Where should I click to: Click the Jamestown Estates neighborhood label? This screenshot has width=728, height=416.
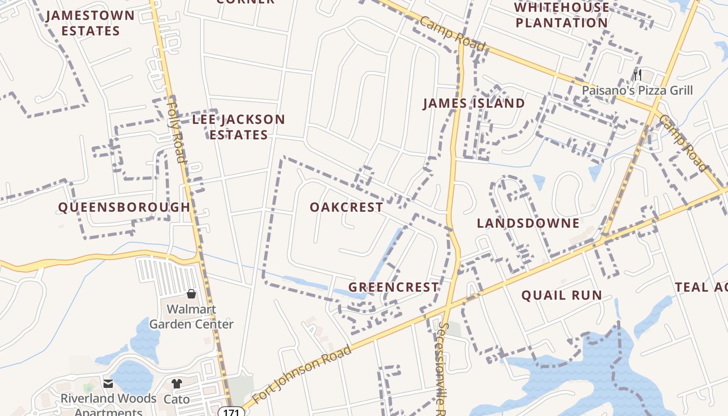[90, 23]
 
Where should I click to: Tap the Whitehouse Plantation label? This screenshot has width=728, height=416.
[562, 15]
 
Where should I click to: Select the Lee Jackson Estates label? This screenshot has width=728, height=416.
[239, 127]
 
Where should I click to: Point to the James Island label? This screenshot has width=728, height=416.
[474, 103]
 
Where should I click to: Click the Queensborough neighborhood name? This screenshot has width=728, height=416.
[124, 207]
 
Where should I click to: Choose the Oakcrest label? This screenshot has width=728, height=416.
[346, 207]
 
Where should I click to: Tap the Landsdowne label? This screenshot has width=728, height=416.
[528, 223]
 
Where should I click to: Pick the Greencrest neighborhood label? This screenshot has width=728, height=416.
[393, 287]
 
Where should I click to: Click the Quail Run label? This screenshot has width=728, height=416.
[562, 295]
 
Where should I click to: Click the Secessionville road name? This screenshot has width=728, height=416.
[443, 364]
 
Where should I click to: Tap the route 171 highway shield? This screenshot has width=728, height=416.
[233, 411]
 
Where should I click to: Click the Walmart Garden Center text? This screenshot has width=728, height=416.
[191, 317]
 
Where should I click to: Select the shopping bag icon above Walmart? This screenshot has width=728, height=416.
[191, 294]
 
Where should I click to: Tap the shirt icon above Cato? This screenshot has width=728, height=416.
[177, 384]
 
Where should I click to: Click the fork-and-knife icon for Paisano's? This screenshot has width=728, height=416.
[637, 74]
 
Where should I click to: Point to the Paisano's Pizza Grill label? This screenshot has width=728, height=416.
[637, 90]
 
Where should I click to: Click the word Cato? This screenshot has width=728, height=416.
[177, 399]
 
